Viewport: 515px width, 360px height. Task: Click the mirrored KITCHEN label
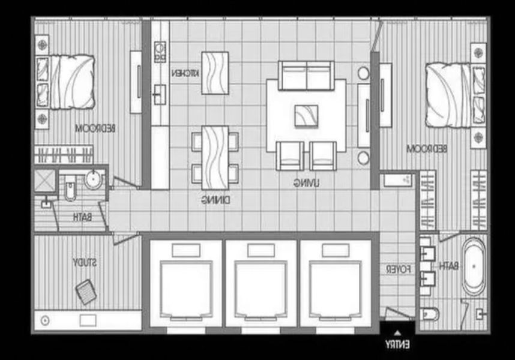pyautogui.click(x=185, y=73)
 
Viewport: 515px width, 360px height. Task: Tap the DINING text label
pyautogui.click(x=216, y=200)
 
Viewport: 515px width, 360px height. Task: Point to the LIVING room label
pyautogui.click(x=306, y=183)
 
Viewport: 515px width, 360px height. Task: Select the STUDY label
pyautogui.click(x=85, y=262)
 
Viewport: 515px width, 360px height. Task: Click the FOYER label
pyautogui.click(x=399, y=269)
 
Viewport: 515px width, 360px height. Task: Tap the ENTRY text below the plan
pyautogui.click(x=397, y=344)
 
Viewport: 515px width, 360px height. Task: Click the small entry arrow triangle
pyautogui.click(x=397, y=334)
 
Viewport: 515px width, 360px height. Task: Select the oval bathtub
pyautogui.click(x=474, y=266)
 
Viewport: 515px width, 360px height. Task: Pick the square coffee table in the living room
pyautogui.click(x=306, y=116)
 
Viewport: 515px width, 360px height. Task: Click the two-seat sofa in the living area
pyautogui.click(x=306, y=75)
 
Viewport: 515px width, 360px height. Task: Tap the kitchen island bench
pyautogui.click(x=215, y=73)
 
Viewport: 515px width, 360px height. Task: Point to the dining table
pyautogui.click(x=215, y=158)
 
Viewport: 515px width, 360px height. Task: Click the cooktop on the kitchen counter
pyautogui.click(x=160, y=52)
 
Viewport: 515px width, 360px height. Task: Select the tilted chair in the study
pyautogui.click(x=86, y=292)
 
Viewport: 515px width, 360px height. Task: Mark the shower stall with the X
pyautogui.click(x=45, y=180)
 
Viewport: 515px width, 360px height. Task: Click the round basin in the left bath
pyautogui.click(x=94, y=179)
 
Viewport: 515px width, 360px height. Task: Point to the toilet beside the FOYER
pyautogui.click(x=429, y=314)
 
